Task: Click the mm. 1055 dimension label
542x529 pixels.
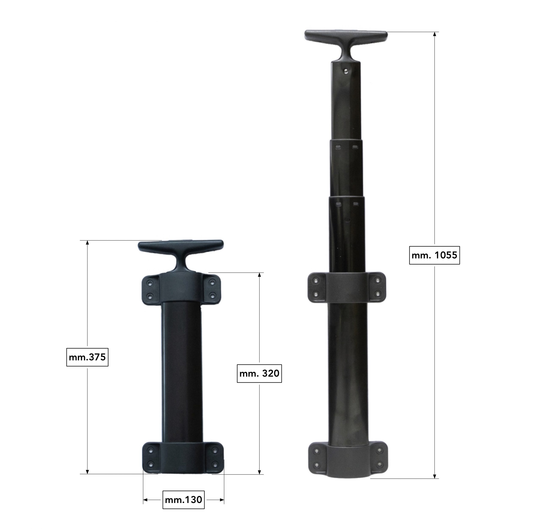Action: pyautogui.click(x=434, y=255)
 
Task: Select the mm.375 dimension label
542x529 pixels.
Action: pyautogui.click(x=87, y=357)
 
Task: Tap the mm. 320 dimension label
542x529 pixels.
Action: pyautogui.click(x=259, y=373)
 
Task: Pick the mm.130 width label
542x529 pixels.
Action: pyautogui.click(x=183, y=500)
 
